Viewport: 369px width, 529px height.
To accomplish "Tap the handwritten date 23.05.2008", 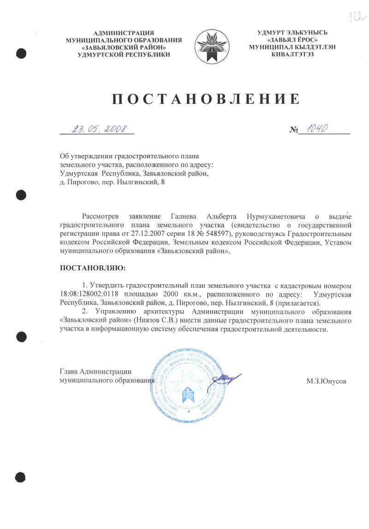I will tap(99, 129).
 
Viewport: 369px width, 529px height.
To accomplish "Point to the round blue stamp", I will tap(189, 383).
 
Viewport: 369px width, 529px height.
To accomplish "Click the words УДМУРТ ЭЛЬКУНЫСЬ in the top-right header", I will tap(292, 32).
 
